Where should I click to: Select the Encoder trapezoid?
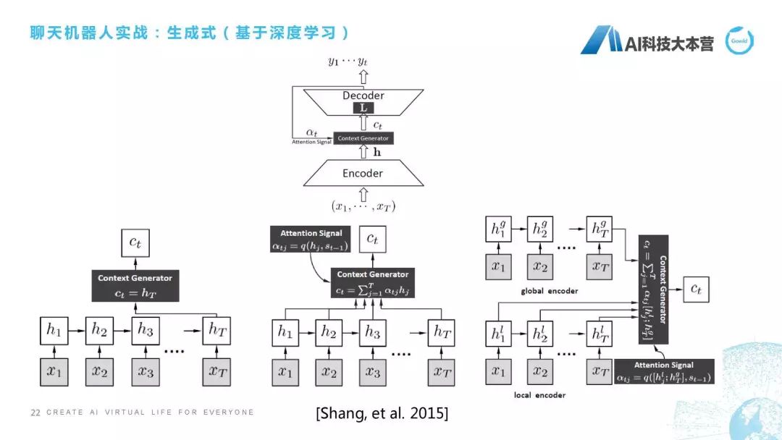coord(363,174)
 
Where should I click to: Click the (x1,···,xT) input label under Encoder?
coord(363,206)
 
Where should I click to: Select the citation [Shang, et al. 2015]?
coord(382,413)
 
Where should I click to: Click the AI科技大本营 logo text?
coord(670,43)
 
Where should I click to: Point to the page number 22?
coord(35,412)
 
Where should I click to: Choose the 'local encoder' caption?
coord(539,395)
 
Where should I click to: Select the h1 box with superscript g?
coord(497,230)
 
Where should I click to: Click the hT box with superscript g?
coord(600,230)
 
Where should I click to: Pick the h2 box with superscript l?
coord(540,334)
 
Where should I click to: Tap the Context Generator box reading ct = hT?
coord(135,285)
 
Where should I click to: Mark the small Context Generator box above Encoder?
coord(363,138)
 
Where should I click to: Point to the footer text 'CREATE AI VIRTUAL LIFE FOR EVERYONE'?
coord(150,412)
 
